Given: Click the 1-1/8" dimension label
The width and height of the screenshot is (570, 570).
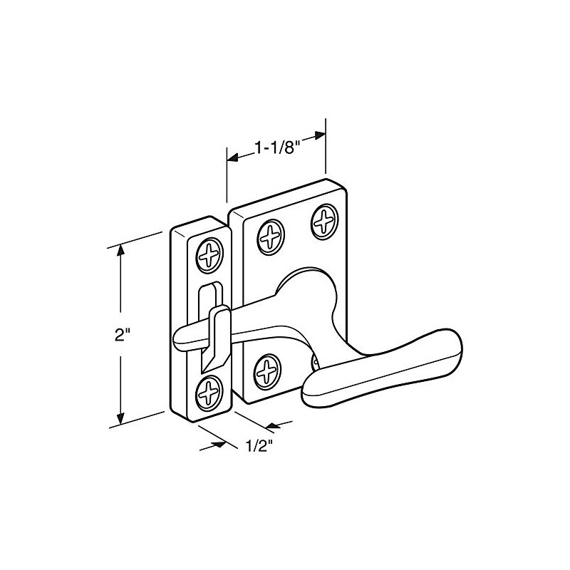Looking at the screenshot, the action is coord(277,148).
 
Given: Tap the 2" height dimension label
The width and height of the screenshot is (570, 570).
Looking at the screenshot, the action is coord(120,335).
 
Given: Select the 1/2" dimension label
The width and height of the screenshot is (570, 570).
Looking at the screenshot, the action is coord(259,446).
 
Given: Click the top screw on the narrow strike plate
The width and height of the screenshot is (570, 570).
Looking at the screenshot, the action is coord(209,255).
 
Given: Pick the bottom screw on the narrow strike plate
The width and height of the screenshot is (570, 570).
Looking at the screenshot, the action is coord(209,394).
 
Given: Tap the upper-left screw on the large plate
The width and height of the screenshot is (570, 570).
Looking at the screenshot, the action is coord(271,237).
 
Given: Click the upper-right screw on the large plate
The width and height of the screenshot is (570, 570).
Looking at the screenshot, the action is coord(325,222).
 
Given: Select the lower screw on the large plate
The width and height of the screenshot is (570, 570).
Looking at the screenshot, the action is coord(267,371).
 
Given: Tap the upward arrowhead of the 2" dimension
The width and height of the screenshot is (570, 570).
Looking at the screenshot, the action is coord(121,250).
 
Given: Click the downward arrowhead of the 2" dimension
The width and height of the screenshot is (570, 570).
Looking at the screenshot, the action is coord(121,418).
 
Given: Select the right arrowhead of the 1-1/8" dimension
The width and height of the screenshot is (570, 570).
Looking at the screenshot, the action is coord(318,136).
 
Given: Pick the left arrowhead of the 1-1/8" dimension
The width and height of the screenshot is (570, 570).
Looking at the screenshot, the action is coord(233,157).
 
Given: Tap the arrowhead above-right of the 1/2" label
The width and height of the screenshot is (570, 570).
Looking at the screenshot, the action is coord(273,425).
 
